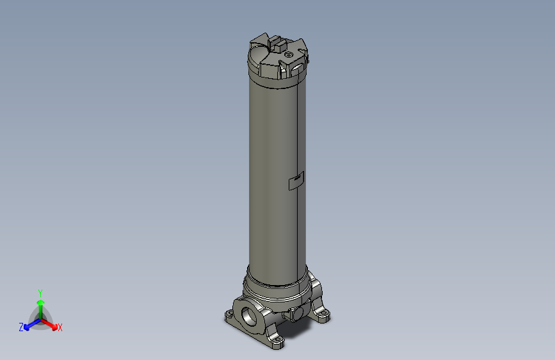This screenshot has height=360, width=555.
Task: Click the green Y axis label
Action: point(40,292)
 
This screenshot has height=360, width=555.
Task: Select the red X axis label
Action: point(60,328)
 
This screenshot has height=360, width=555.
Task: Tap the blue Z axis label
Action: point(21,327)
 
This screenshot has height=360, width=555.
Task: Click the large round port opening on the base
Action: point(248,314)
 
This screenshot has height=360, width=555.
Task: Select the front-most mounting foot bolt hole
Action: point(277,344)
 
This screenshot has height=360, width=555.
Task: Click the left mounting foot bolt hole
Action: point(229,316)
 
